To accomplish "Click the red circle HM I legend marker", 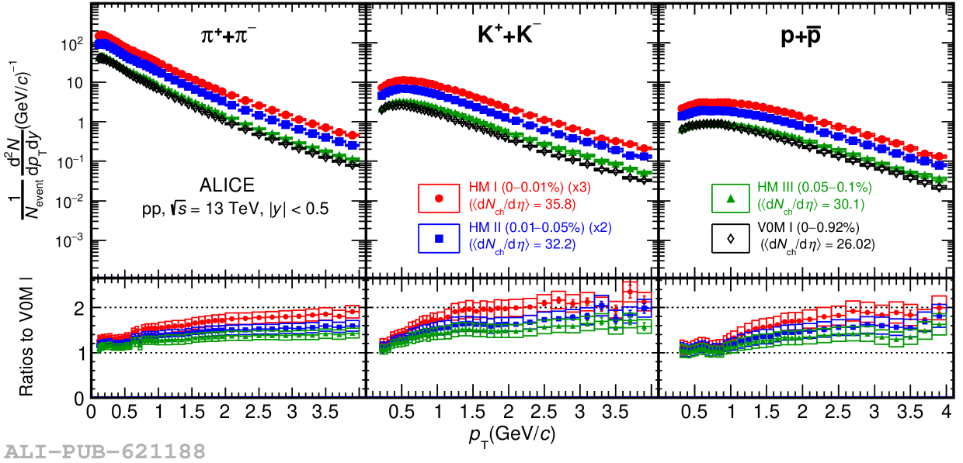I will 438,199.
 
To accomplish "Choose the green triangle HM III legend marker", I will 731,199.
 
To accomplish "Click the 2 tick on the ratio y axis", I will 78,308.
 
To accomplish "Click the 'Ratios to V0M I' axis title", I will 28,338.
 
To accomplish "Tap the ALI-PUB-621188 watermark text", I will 105,451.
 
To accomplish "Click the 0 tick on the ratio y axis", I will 78,399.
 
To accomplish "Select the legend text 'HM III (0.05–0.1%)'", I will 814,188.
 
